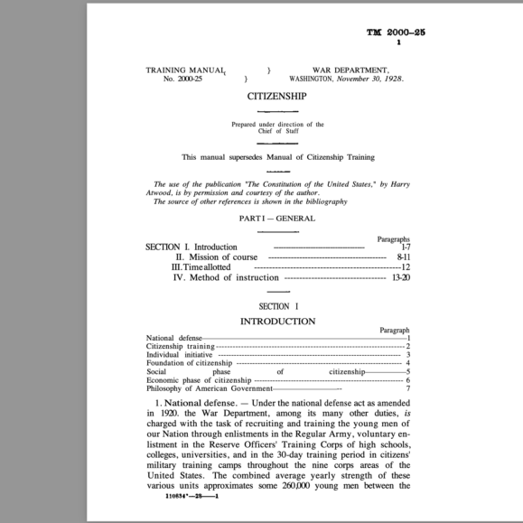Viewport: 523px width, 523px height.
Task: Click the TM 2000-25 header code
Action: [396, 33]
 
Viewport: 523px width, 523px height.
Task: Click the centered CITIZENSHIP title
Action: [276, 96]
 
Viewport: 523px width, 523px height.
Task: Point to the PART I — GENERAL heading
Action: [276, 218]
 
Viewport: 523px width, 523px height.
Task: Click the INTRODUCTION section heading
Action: [277, 321]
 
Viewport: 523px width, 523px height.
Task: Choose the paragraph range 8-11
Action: [403, 257]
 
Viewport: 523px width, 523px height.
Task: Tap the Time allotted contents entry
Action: [201, 267]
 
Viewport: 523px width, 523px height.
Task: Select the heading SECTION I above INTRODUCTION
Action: [278, 306]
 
